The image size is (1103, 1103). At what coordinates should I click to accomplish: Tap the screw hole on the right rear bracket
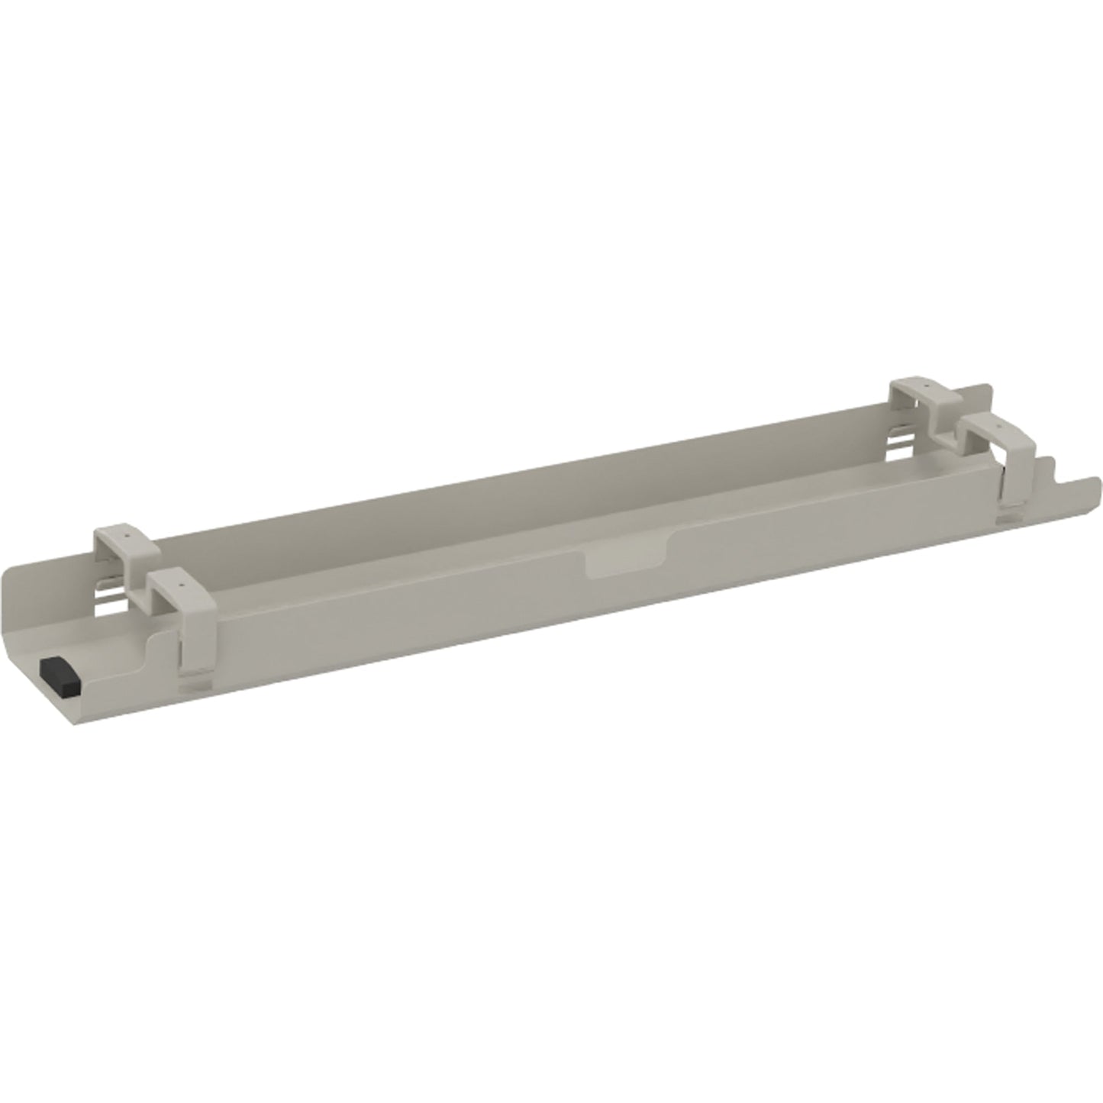(924, 387)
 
